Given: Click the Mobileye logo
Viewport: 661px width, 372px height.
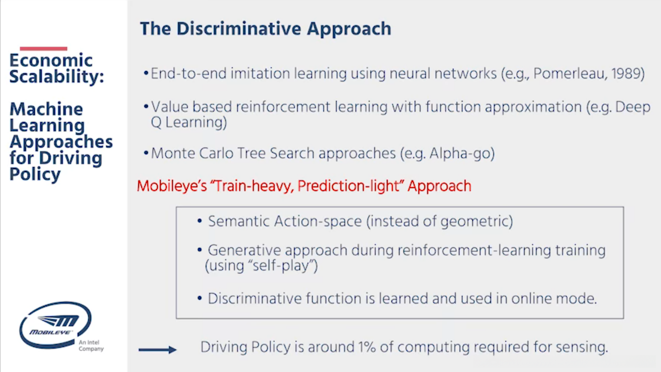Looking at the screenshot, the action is (55, 324).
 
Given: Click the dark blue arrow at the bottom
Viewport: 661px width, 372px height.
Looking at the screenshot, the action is (158, 349).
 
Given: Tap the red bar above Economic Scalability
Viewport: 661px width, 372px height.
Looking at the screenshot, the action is (43, 48).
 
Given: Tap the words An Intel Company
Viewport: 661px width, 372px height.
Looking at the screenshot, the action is (91, 345).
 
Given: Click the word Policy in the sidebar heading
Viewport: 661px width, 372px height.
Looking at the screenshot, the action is (35, 174).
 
